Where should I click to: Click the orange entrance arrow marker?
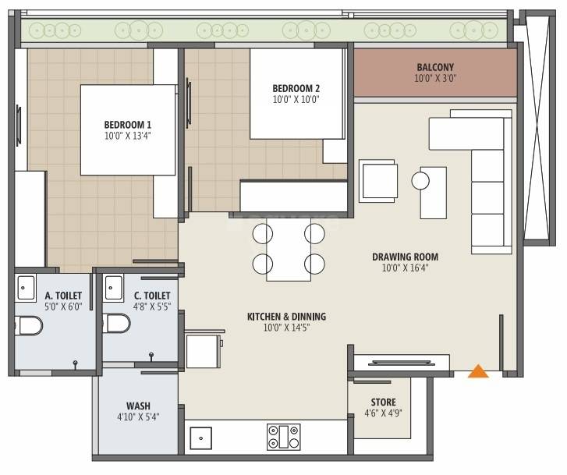pyautogui.click(x=478, y=372)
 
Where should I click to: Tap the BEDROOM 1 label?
pyautogui.click(x=128, y=125)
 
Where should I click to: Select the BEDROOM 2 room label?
pyautogui.click(x=296, y=87)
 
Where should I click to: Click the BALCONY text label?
pyautogui.click(x=435, y=67)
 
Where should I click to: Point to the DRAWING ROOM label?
pyautogui.click(x=405, y=257)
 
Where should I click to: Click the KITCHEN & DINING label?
pyautogui.click(x=286, y=317)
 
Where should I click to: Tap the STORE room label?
pyautogui.click(x=383, y=402)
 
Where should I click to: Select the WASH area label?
pyautogui.click(x=138, y=406)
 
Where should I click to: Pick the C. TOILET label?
pyautogui.click(x=151, y=296)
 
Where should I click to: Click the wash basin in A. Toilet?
pyautogui.click(x=26, y=286)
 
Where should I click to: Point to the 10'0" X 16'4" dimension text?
pyautogui.click(x=405, y=268)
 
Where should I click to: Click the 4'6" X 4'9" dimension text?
pyautogui.click(x=383, y=414)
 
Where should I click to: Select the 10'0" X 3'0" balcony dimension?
pyautogui.click(x=435, y=79)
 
